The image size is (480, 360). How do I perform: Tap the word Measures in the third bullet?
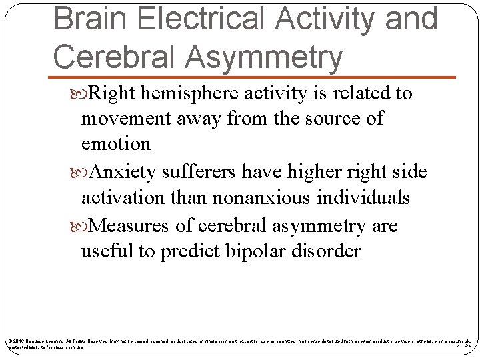(131, 226)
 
